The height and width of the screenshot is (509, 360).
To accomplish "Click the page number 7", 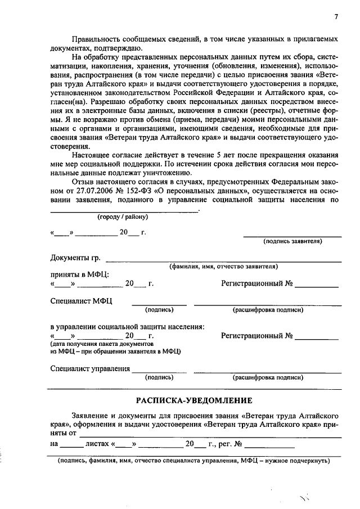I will pos(335,17).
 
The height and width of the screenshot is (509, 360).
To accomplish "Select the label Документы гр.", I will pos(75,258).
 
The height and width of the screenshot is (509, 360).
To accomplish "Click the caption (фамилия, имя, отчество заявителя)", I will pos(223,266).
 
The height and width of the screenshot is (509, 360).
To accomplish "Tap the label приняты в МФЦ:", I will pos(79,275).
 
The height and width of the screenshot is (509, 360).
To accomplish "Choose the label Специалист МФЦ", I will pos(81,301).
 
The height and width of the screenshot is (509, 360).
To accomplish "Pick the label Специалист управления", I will pos(89,369).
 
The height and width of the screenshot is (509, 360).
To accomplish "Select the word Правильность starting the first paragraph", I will pos(100,39).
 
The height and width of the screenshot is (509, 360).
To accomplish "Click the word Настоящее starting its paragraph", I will pos(93,156).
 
